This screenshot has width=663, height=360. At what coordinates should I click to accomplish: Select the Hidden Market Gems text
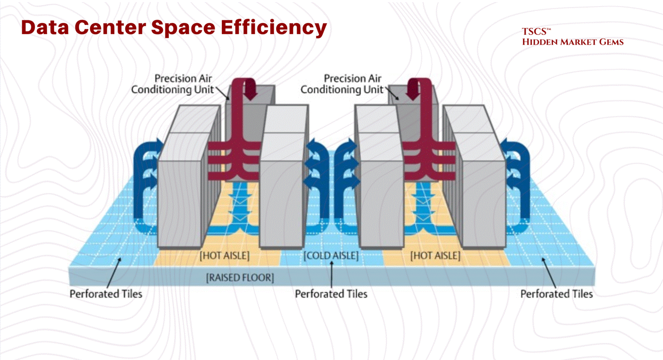(572, 42)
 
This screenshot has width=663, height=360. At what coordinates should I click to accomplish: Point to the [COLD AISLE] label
(331, 256)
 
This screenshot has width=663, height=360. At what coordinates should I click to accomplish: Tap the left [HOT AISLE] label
(224, 256)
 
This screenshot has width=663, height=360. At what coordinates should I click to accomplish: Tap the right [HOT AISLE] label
(435, 256)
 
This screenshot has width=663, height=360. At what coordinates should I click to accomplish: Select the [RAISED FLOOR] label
(240, 277)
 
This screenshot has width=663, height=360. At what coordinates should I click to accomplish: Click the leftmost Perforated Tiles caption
(106, 294)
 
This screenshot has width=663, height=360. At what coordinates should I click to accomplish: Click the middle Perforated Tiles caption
(331, 294)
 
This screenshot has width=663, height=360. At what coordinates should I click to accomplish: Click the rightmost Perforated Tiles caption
(556, 294)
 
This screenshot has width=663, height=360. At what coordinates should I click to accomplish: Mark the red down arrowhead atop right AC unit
(413, 93)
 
